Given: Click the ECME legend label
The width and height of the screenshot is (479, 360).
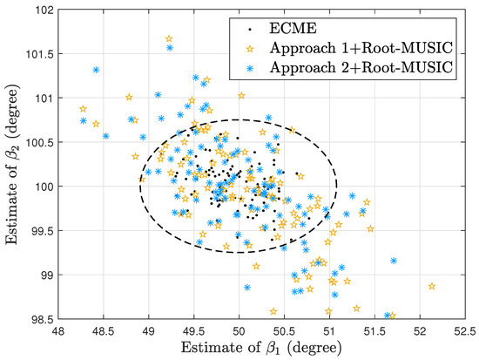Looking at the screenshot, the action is point(293,29).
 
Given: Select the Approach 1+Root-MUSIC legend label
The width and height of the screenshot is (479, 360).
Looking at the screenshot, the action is point(361,48).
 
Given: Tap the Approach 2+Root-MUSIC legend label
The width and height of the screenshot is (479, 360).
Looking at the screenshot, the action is point(361,67).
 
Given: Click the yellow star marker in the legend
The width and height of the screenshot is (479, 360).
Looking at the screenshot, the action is point(250,48).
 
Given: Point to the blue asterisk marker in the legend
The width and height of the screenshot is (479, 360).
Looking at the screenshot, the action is point(250,68).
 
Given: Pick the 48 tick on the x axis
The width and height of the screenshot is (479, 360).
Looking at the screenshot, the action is point(58,331).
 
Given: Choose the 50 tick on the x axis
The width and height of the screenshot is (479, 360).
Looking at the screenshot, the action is point(239,331).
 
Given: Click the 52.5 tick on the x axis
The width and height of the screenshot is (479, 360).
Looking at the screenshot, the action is point(465,331).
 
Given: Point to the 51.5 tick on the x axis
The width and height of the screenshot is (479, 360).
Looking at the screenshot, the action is point(374,331).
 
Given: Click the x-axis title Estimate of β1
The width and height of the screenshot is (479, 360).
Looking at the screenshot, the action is point(261,348).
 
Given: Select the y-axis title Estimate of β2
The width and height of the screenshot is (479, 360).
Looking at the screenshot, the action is point(13,164).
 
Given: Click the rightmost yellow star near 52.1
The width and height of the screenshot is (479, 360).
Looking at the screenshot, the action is point(432,286).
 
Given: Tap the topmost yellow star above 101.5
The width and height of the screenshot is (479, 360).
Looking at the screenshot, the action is point(169,39).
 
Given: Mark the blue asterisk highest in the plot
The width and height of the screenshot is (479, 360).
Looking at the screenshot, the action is point(170,48).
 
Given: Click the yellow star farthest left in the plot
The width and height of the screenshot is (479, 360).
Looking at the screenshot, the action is point(83,109).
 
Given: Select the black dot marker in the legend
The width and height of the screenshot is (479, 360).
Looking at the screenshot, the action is point(250,30).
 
